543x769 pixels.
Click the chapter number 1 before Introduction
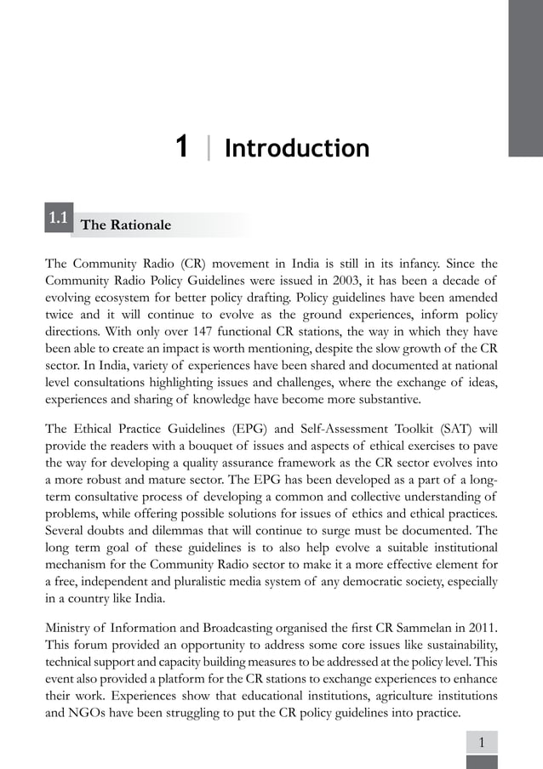coord(180,148)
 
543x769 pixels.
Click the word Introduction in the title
coord(296,149)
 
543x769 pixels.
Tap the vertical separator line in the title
coord(208,149)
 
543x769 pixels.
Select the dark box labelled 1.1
coord(59,219)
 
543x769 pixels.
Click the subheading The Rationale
coord(125,225)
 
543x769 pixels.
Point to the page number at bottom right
coord(482,743)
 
